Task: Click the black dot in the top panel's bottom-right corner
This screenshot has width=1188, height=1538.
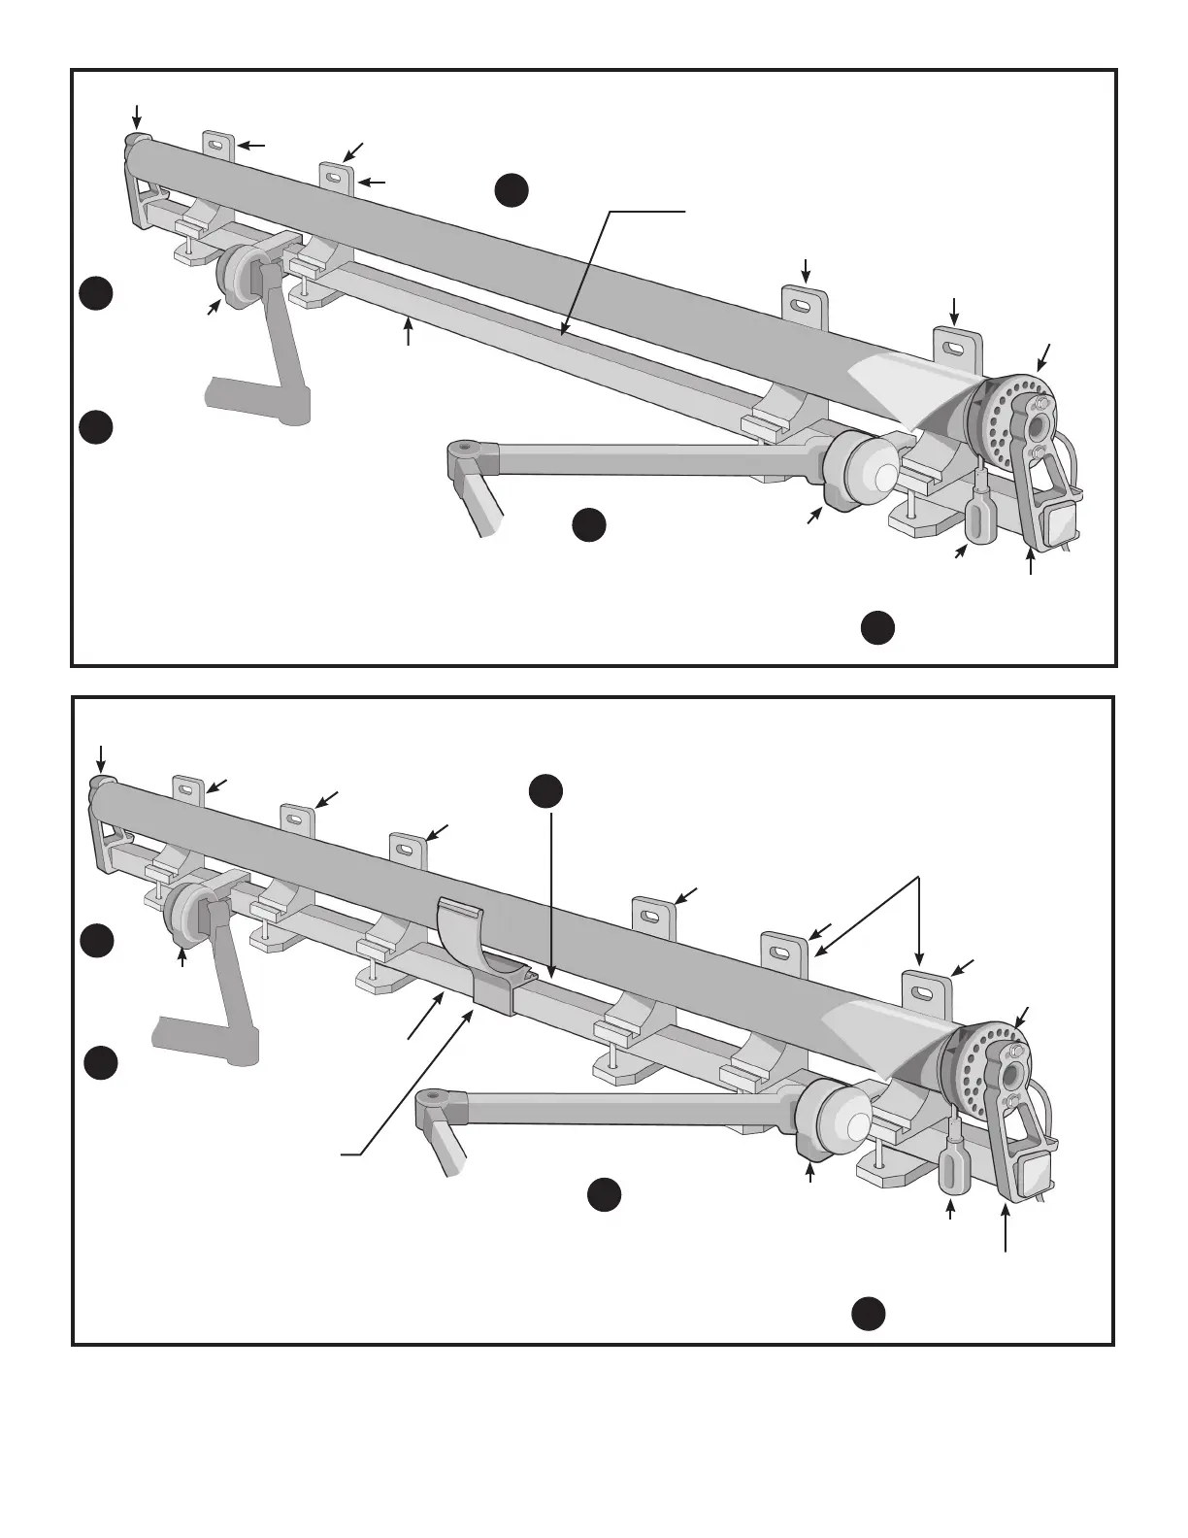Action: tap(877, 628)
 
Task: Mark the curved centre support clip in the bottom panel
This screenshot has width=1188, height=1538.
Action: tap(474, 947)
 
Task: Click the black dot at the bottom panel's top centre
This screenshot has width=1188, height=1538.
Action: tap(546, 791)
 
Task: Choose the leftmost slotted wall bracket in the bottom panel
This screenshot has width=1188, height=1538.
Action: tap(187, 791)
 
